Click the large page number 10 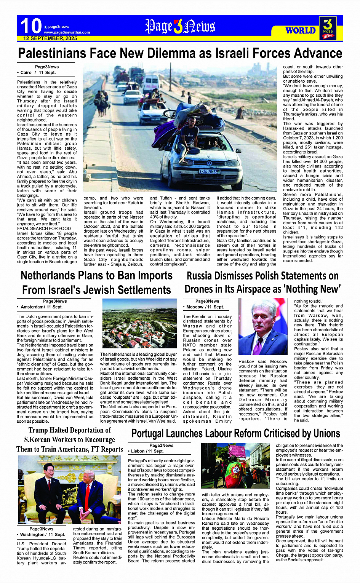point(30,26)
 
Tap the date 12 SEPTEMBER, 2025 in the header point(50,38)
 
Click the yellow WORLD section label point(301,30)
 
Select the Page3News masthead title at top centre point(180,26)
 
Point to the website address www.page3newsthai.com point(67,32)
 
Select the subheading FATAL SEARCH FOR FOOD point(44,228)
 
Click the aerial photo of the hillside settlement point(139,323)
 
